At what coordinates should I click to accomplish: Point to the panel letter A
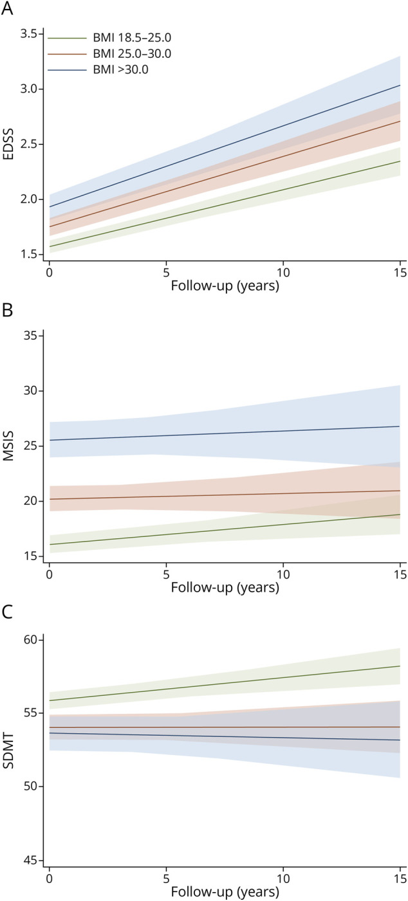pyautogui.click(x=7, y=8)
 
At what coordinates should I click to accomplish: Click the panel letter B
pyautogui.click(x=7, y=310)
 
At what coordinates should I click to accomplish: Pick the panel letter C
pyautogui.click(x=7, y=612)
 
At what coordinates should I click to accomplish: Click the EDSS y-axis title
pyautogui.click(x=8, y=144)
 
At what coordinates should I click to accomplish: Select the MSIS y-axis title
pyautogui.click(x=8, y=446)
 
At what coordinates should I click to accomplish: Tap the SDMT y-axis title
pyautogui.click(x=8, y=751)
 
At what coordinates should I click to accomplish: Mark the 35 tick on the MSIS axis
pyautogui.click(x=30, y=336)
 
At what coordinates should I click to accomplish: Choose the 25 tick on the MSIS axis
pyautogui.click(x=30, y=446)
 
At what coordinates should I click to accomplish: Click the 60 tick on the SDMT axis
pyautogui.click(x=30, y=639)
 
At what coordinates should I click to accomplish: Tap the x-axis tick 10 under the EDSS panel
pyautogui.click(x=283, y=272)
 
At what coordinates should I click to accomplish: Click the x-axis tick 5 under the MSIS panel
pyautogui.click(x=166, y=574)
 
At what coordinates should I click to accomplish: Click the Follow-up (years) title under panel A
pyautogui.click(x=225, y=286)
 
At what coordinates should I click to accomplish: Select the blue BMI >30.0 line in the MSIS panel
pyautogui.click(x=225, y=433)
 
